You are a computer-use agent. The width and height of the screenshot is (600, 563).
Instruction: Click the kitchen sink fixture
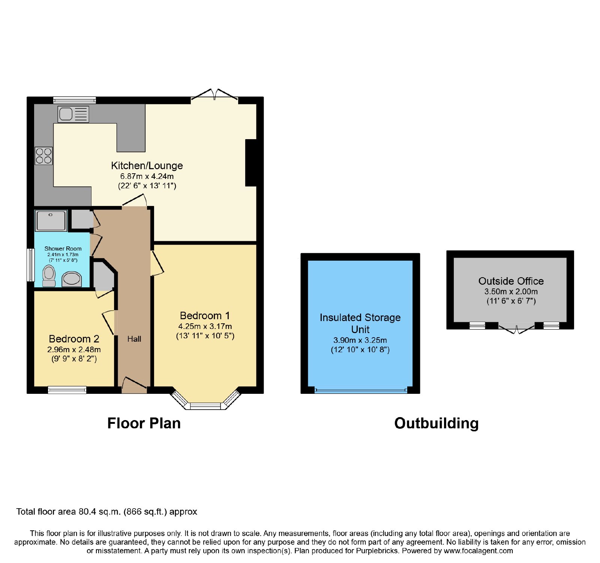click(73, 114)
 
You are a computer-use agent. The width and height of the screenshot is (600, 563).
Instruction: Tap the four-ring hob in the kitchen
click(44, 156)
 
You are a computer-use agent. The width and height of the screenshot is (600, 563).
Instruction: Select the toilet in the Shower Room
click(49, 276)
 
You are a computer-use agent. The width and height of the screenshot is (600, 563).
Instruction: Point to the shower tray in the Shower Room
click(51, 221)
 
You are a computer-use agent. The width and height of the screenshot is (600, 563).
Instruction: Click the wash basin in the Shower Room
click(72, 279)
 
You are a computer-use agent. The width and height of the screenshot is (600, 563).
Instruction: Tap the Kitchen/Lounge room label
click(147, 165)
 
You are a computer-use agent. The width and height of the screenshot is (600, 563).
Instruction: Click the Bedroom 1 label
click(205, 315)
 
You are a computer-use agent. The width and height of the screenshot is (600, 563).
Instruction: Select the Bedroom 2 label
click(74, 339)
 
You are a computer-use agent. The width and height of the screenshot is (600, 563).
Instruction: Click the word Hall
click(134, 339)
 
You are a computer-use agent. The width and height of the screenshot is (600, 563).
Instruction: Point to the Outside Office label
click(511, 281)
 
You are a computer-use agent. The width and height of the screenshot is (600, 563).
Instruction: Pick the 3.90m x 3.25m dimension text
click(360, 340)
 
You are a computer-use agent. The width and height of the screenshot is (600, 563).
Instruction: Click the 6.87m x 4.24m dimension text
click(147, 176)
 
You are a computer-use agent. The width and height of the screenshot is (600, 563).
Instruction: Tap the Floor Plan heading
click(144, 423)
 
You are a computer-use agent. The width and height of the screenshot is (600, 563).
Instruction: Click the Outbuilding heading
click(436, 423)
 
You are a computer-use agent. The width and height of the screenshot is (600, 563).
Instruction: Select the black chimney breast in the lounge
click(251, 163)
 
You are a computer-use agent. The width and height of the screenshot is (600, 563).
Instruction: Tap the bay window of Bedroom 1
click(205, 401)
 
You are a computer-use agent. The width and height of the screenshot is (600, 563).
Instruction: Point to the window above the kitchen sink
click(75, 100)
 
